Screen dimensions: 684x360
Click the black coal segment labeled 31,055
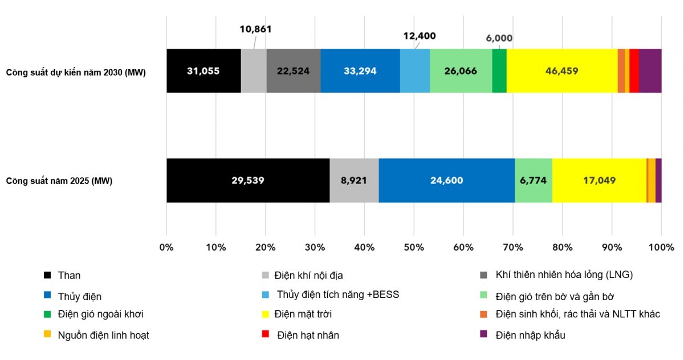click(203, 71)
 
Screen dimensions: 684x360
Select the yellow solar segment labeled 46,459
click(562, 71)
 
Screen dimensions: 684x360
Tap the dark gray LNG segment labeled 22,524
click(294, 71)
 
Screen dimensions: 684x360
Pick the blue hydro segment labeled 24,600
click(447, 181)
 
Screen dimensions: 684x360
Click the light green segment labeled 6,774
click(534, 181)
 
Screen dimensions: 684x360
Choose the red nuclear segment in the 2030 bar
click(634, 71)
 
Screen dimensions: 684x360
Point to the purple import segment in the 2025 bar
click(659, 181)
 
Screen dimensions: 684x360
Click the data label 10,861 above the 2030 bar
click(255, 29)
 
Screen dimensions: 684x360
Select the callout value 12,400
click(420, 36)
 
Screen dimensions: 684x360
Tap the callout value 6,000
click(499, 38)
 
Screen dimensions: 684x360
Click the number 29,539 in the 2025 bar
click(247, 181)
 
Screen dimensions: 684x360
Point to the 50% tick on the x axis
click(414, 247)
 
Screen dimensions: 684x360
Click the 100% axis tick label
click(661, 247)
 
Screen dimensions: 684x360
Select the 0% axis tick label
click(166, 247)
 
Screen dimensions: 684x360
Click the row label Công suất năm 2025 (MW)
click(59, 181)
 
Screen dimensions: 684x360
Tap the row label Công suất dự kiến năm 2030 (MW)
click(76, 72)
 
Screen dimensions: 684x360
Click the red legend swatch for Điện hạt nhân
click(266, 334)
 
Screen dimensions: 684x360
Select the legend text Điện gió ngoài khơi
click(100, 314)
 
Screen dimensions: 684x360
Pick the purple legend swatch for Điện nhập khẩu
click(483, 334)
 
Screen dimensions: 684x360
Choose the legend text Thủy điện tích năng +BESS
click(337, 294)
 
